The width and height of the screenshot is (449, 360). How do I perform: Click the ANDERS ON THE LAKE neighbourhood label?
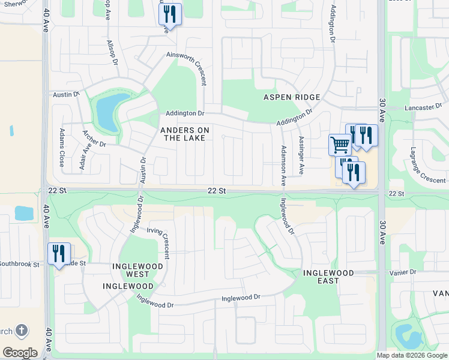pos(185,134)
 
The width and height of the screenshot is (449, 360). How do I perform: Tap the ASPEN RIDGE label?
pos(291,97)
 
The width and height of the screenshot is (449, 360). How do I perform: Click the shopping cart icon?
pos(340,144)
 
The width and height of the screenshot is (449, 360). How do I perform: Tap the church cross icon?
pos(21,331)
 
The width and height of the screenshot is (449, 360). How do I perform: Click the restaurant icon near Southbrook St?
pos(59,253)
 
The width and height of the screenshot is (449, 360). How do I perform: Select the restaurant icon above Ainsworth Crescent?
pos(170,14)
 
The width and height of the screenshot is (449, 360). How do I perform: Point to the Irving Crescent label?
pos(159,241)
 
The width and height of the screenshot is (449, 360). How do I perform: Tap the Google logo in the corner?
pos(20,352)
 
